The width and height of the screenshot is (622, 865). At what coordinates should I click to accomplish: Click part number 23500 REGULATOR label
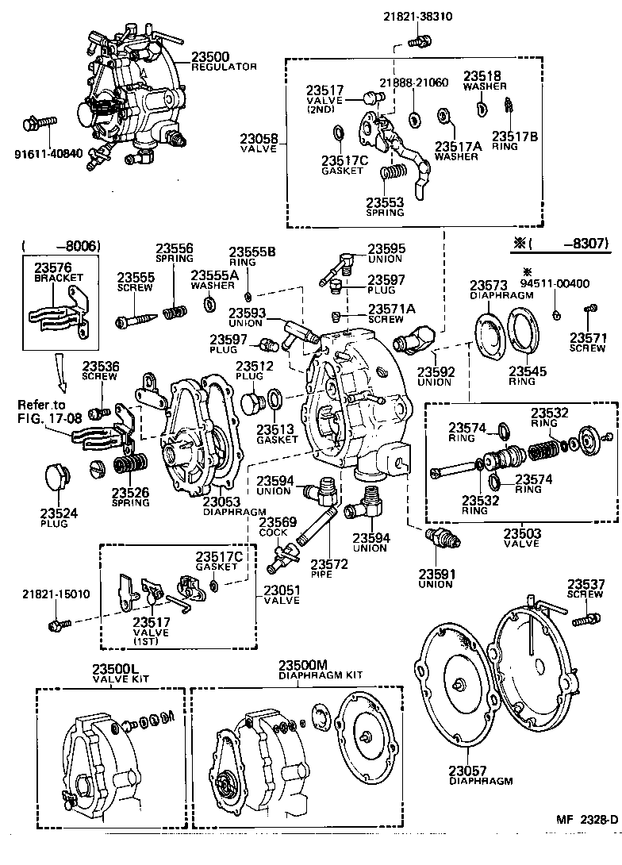(x=224, y=61)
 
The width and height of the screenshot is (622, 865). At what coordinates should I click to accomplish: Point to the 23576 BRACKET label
(x=53, y=274)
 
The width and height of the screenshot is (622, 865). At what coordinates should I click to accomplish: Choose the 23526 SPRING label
(x=130, y=497)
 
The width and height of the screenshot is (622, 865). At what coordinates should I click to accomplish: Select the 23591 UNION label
(x=436, y=579)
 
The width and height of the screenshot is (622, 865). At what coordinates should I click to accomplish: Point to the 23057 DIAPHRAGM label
(x=481, y=775)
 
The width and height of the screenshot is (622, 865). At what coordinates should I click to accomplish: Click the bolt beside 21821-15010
(x=55, y=626)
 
